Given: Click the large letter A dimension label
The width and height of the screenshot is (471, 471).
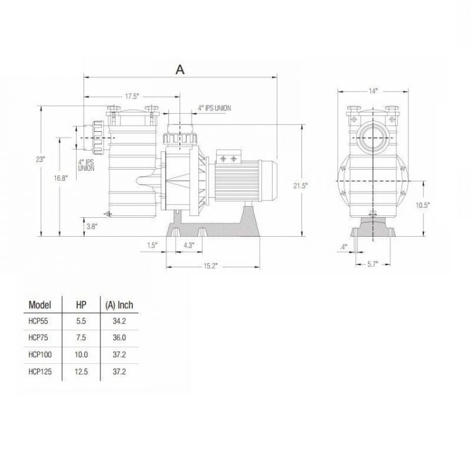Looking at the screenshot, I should (180, 70).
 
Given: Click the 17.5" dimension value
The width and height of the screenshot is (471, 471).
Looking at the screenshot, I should (131, 96).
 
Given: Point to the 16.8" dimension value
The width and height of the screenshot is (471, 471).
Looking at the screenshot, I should (60, 178).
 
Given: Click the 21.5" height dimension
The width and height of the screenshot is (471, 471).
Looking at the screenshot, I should (305, 187).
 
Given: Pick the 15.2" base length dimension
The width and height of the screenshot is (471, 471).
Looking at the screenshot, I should (210, 266).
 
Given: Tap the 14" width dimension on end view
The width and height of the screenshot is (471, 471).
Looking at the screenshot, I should (374, 91).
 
